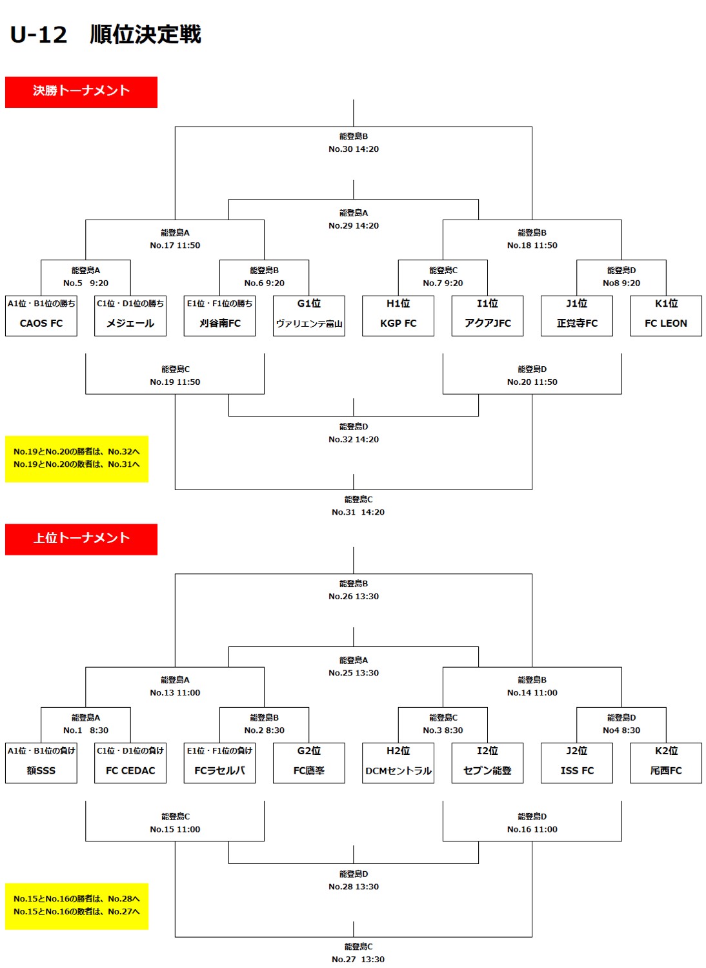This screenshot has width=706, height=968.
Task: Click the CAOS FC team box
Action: (41, 316)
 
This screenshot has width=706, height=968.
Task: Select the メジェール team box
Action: (130, 316)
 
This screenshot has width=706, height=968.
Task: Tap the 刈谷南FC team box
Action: (219, 316)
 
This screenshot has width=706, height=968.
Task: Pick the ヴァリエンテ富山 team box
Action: (309, 316)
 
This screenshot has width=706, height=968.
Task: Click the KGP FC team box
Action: (398, 316)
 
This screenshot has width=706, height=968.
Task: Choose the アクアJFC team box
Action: (487, 316)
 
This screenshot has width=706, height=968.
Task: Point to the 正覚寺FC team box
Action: (577, 316)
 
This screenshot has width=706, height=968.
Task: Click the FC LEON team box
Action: (666, 316)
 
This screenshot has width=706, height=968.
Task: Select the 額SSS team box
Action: (41, 763)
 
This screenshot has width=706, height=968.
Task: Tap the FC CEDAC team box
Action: (130, 763)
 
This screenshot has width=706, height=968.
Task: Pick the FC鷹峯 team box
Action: (309, 763)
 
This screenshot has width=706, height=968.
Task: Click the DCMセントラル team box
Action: (398, 763)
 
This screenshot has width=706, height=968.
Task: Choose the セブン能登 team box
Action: (487, 763)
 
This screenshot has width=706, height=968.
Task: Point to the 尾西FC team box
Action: (666, 763)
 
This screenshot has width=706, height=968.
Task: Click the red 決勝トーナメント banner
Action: (81, 92)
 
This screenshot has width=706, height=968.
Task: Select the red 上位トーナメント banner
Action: (81, 539)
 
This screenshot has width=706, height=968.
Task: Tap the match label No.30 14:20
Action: (354, 149)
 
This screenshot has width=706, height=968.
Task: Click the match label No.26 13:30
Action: (354, 597)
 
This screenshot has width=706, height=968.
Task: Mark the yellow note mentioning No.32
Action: (77, 458)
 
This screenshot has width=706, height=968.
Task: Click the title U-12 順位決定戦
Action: (106, 34)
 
